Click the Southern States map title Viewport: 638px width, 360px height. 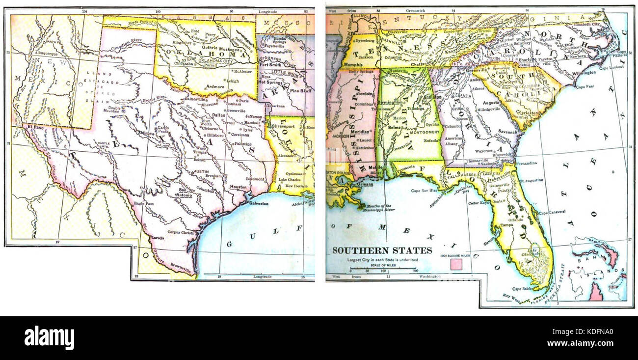click(x=382, y=250)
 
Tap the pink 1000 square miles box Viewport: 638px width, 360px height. click(x=456, y=264)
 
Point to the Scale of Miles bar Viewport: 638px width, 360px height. click(x=383, y=270)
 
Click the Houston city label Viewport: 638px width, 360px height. click(x=238, y=187)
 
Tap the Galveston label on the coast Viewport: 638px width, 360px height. click(x=259, y=203)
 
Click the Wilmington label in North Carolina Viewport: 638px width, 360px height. click(x=584, y=72)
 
